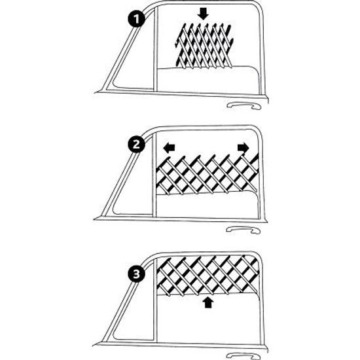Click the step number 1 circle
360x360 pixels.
pos(136,19)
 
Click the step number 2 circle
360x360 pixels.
pos(136,145)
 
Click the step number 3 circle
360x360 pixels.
pos(136,274)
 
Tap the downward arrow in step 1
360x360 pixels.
pos(203,14)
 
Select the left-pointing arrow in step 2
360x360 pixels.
pos(170,147)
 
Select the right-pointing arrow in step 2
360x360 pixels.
pos(243,147)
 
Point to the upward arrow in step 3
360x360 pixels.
pos(208,302)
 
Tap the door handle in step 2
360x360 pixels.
pos(243,230)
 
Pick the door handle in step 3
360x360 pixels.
pos(243,356)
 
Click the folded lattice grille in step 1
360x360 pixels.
pos(204,45)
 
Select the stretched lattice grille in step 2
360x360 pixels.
pos(207,174)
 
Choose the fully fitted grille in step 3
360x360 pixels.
pos(208,275)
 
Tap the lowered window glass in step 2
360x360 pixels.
pos(207,206)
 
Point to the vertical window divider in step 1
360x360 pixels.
pos(155,49)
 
